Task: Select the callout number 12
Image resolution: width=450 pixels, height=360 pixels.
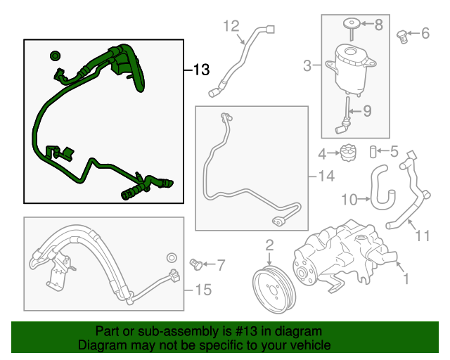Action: click(231, 27)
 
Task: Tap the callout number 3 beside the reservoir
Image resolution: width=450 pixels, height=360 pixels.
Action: click(307, 67)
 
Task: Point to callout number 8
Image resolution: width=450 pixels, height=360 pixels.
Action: click(378, 25)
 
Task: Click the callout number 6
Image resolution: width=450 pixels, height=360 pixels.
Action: click(425, 33)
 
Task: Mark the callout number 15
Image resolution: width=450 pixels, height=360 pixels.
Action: click(202, 289)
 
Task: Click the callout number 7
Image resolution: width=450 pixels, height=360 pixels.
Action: click(221, 265)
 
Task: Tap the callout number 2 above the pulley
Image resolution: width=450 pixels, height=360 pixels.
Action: click(269, 245)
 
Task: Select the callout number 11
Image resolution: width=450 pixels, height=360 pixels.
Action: click(422, 236)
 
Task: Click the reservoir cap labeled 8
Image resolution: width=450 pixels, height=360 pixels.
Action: click(352, 26)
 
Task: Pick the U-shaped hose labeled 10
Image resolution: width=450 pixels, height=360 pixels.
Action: click(383, 188)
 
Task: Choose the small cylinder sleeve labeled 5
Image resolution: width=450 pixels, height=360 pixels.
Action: click(375, 151)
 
